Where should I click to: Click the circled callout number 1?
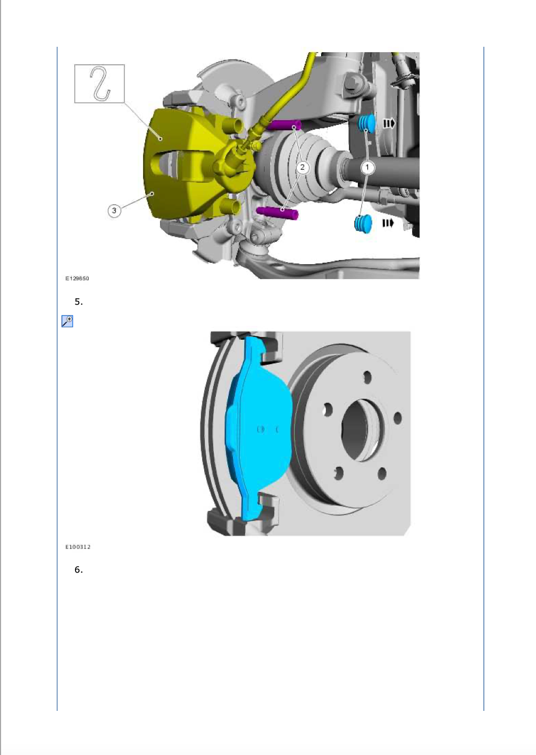(367, 167)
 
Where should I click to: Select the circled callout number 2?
(303, 167)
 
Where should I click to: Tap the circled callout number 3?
(114, 211)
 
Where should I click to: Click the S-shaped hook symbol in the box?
(100, 83)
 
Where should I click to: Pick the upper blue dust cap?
(366, 123)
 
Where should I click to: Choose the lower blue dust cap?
(363, 223)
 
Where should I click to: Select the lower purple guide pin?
(277, 213)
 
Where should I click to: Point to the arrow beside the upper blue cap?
(389, 124)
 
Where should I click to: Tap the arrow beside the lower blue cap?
(388, 223)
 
